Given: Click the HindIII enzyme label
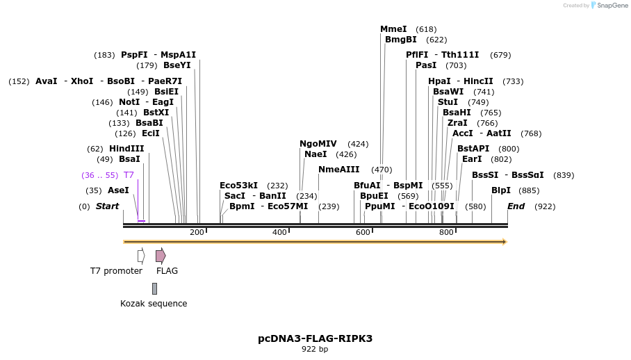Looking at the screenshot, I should tap(126, 149).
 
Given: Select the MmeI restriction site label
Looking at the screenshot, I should tap(393, 29).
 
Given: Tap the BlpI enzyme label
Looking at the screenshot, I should tap(500, 190).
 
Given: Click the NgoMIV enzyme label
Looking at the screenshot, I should tap(318, 144).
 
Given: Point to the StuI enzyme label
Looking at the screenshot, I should tap(448, 102).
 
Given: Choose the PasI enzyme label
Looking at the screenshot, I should tap(426, 65).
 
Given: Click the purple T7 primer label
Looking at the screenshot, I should tap(129, 175).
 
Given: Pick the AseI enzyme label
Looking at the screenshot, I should tap(118, 190).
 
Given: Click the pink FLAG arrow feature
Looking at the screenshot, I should tap(161, 256).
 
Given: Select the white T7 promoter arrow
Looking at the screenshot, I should tap(141, 256).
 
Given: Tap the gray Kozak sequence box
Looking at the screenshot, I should tap(154, 288).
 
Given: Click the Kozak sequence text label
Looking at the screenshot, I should tap(154, 304).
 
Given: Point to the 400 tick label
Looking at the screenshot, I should tap(279, 232).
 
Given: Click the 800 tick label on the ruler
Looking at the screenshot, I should tap(446, 232).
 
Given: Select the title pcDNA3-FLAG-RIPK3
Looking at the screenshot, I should tap(315, 338).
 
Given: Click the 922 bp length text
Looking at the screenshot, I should tap(315, 350).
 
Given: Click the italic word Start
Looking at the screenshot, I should tap(107, 206).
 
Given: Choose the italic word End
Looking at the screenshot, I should tap(516, 206).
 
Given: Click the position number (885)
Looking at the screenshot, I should tap(529, 190).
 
